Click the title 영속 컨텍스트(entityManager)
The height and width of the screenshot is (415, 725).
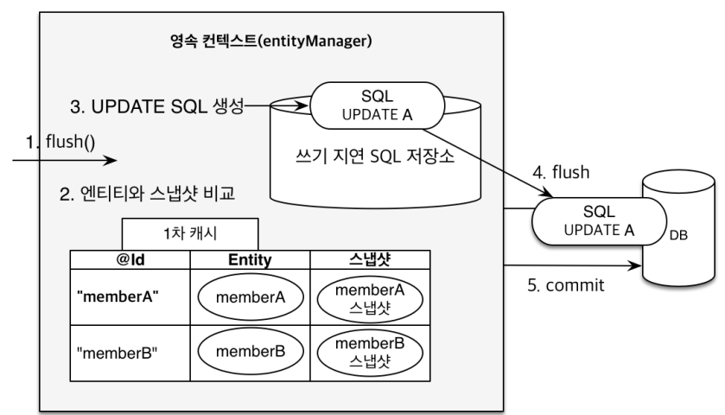[x=273, y=41]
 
